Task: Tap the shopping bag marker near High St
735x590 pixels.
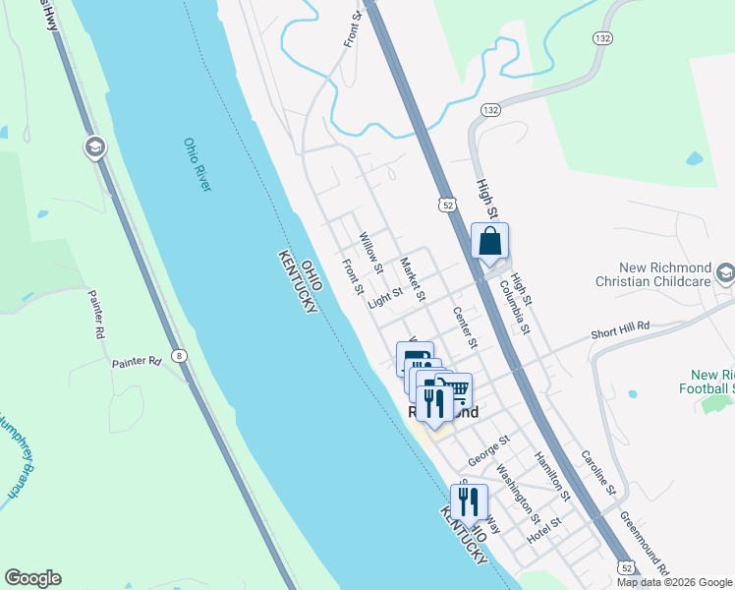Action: [x=489, y=241]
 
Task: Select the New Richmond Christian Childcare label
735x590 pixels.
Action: [x=652, y=274]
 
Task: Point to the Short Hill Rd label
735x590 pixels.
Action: [x=620, y=330]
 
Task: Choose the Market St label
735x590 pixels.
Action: [x=413, y=279]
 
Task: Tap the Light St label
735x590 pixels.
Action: [x=385, y=298]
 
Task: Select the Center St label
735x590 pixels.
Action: [x=464, y=327]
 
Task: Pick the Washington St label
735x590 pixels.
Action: [x=517, y=493]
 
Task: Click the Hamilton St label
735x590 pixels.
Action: [x=551, y=472]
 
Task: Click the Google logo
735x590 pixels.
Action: [x=32, y=578]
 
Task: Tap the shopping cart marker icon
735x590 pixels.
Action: [x=455, y=389]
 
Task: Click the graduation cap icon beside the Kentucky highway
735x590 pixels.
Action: [x=94, y=147]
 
